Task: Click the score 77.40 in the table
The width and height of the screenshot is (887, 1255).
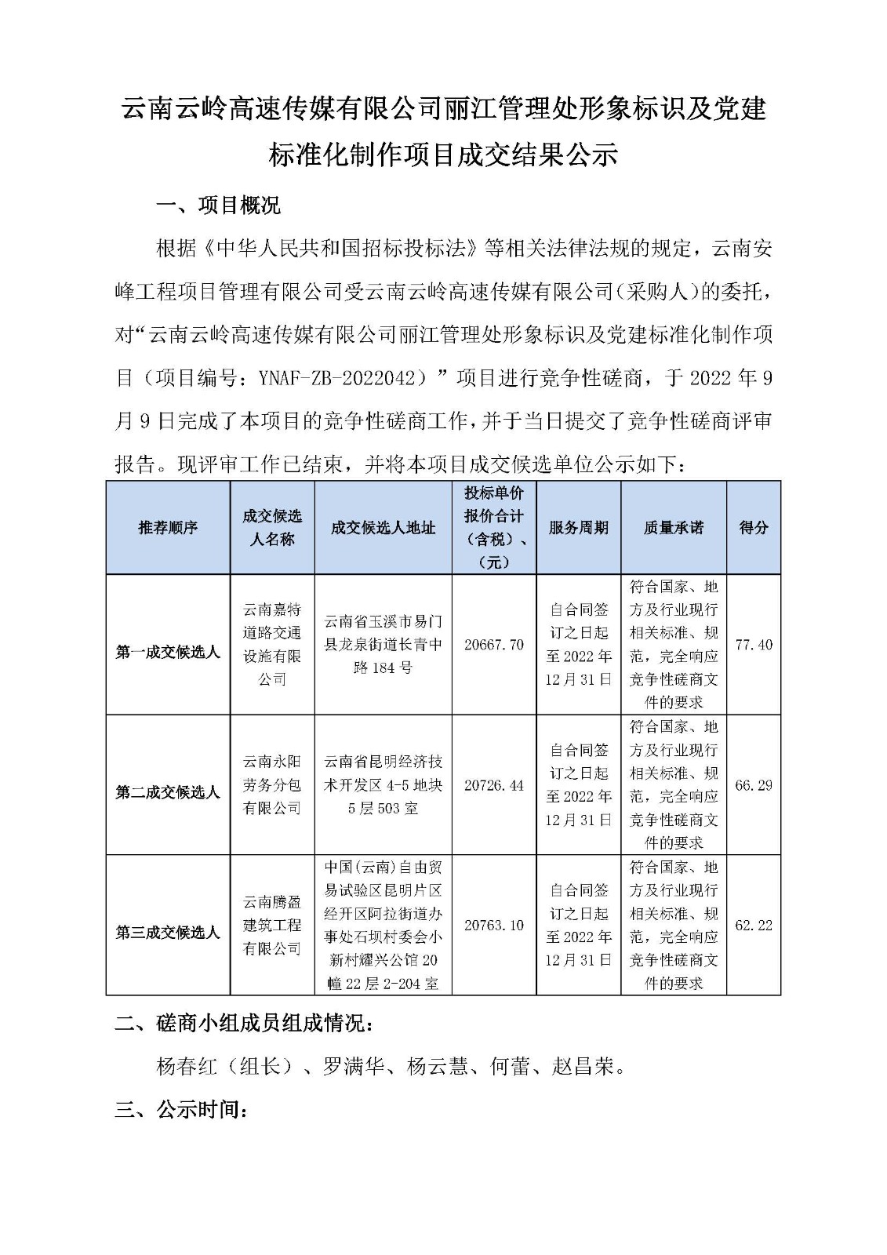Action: coord(754,645)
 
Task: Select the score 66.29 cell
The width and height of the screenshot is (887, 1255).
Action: coord(754,785)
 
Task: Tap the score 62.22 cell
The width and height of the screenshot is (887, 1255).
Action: coord(754,926)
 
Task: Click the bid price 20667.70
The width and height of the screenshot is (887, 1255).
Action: coord(494,645)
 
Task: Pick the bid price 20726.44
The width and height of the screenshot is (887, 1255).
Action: coord(494,785)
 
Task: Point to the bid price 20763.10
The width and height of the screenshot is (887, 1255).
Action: coord(494,926)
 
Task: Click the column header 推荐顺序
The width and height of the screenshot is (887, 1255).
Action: coord(168,528)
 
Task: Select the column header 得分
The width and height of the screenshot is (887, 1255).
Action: coord(754,528)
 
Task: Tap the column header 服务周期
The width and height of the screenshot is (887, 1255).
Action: coord(579,528)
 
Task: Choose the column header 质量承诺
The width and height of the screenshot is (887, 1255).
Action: coord(674,528)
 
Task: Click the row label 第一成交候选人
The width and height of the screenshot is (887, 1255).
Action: coord(168,653)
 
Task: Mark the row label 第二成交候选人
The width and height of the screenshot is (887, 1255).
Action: coord(168,793)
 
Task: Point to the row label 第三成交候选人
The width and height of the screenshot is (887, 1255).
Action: coord(168,933)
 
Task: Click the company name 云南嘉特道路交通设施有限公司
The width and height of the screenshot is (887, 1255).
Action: coord(272,645)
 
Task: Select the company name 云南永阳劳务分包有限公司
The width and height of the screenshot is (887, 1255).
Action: coord(272,785)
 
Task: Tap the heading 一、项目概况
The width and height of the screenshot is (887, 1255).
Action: coord(218,206)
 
